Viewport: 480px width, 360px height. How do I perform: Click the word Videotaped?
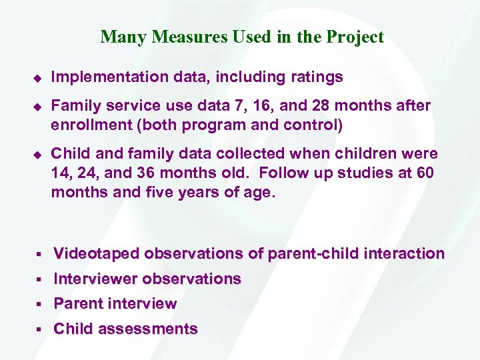tap(97, 253)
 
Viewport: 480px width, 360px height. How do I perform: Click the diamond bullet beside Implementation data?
tap(38, 78)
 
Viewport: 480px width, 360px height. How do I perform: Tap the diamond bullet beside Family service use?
tap(38, 107)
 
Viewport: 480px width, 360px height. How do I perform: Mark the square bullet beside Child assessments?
tap(39, 329)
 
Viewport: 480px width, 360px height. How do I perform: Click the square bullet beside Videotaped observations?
tap(39, 254)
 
